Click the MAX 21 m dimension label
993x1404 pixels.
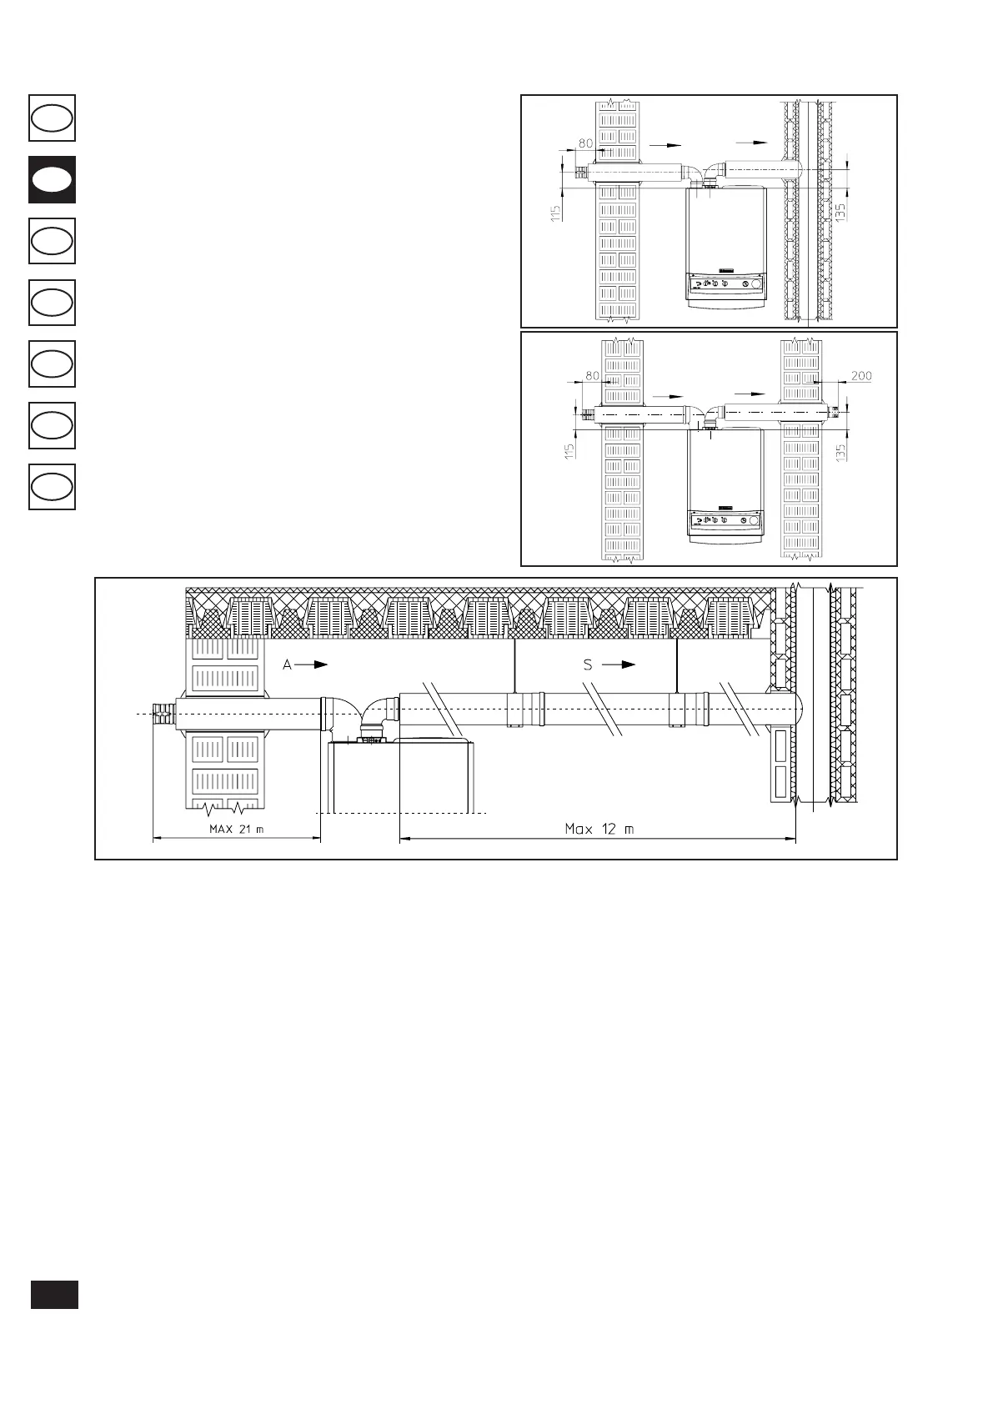[236, 830]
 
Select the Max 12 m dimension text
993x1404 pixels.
[599, 829]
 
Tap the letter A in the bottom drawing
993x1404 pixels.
[287, 664]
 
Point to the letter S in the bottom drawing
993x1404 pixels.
[588, 664]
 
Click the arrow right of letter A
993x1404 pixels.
[312, 664]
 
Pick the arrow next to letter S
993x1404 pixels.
[619, 664]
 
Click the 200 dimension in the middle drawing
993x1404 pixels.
[861, 375]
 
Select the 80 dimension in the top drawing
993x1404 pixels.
[585, 143]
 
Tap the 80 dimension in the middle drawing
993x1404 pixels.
[593, 376]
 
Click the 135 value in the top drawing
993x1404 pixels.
[840, 211]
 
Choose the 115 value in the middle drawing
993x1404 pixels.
[569, 451]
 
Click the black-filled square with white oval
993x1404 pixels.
[52, 179]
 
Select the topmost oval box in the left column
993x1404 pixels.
[52, 118]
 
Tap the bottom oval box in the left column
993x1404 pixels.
[52, 486]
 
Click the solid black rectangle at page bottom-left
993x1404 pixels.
[54, 1294]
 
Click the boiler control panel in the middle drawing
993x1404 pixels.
[726, 520]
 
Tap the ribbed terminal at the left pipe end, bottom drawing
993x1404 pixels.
[165, 714]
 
